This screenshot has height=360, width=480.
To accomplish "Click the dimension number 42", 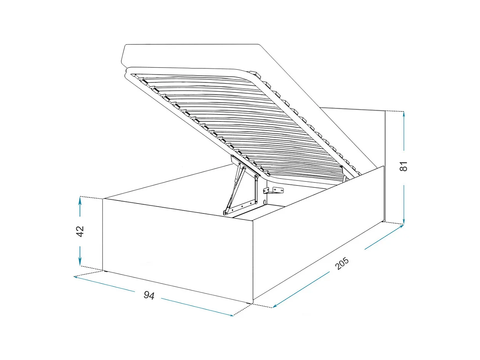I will pyautogui.click(x=80, y=231).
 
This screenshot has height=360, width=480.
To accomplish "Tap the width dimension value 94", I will pyautogui.click(x=149, y=295).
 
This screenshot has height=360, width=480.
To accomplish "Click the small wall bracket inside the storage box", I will pyautogui.click(x=277, y=189).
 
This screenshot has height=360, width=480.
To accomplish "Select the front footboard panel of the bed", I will pyautogui.click(x=177, y=248).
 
